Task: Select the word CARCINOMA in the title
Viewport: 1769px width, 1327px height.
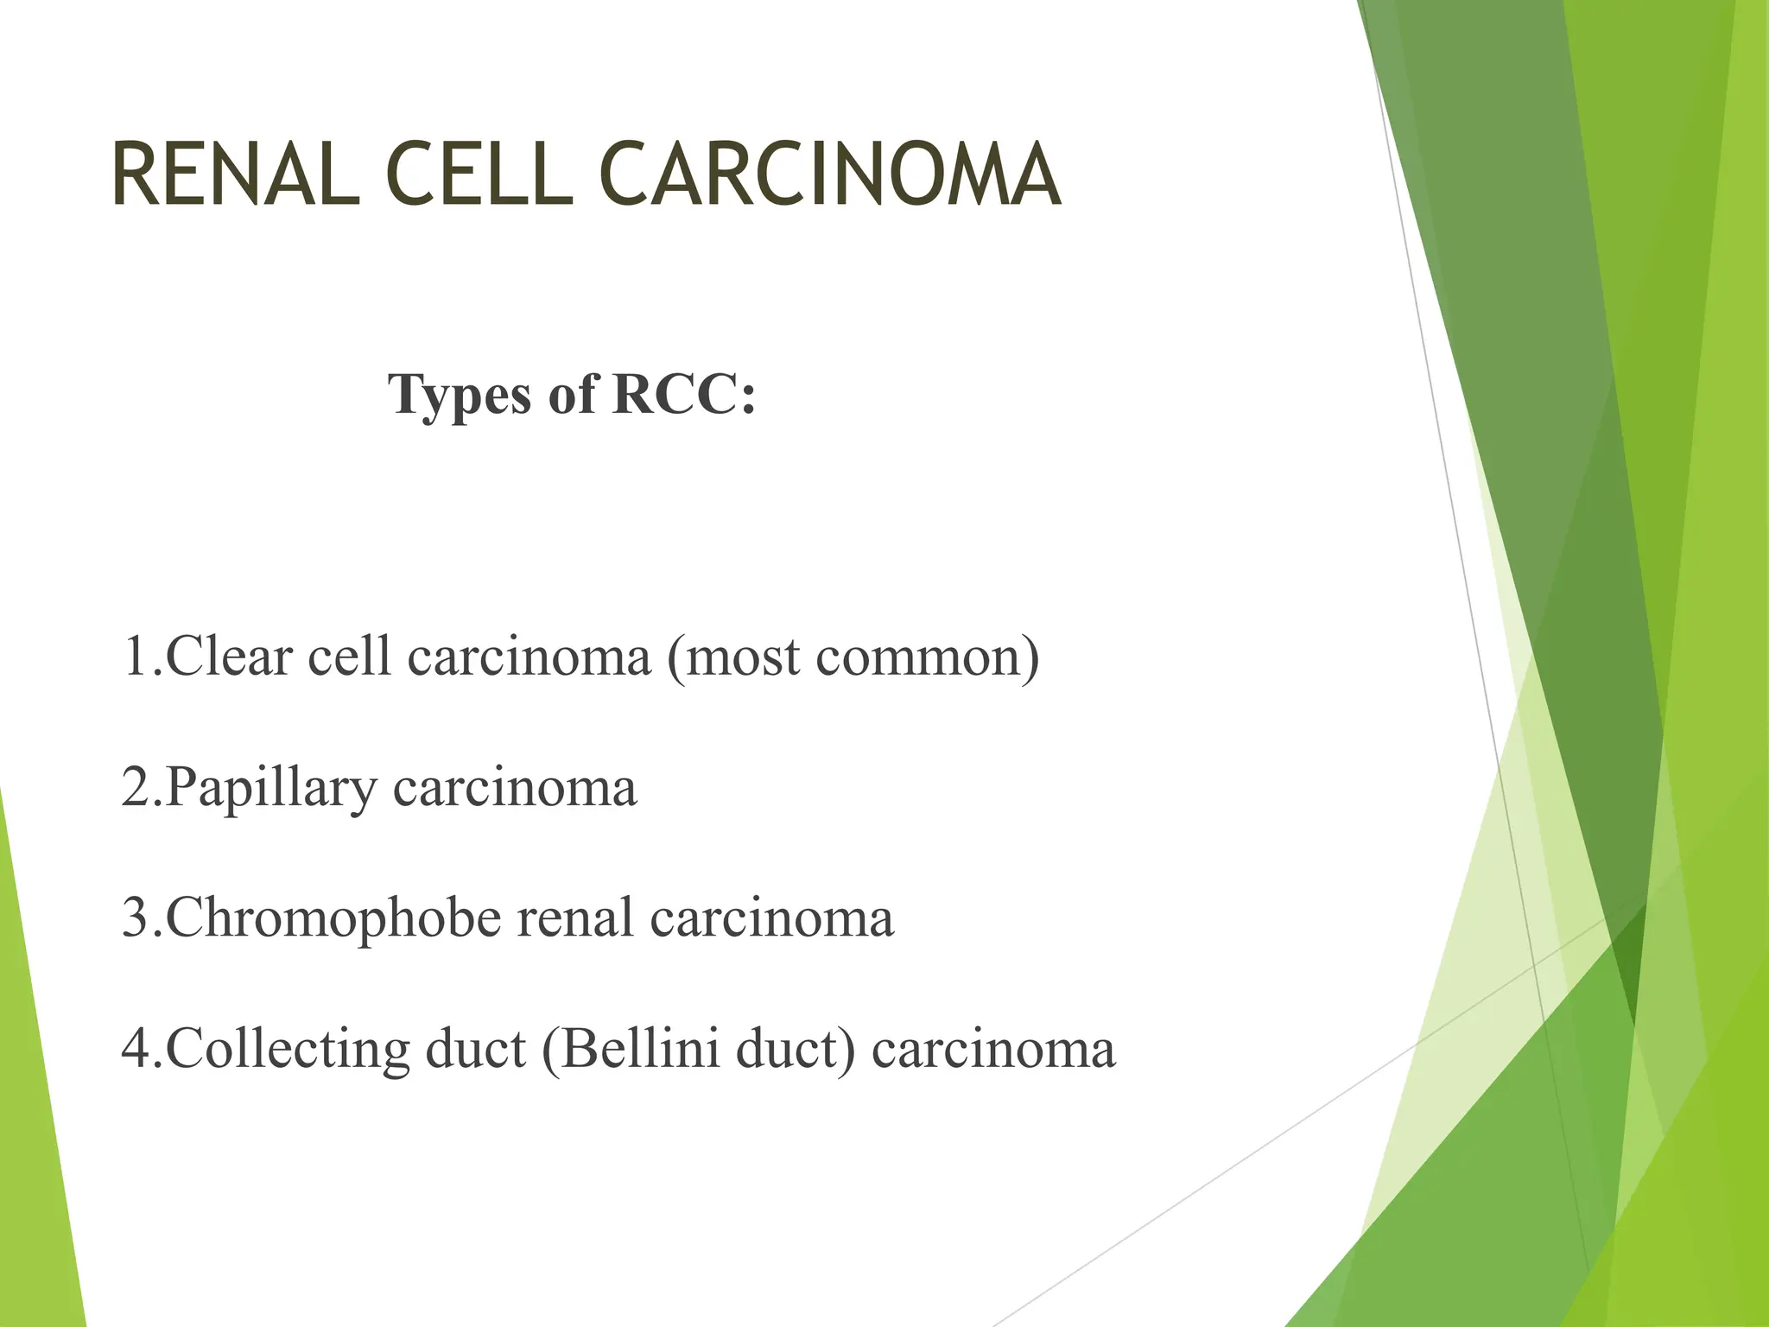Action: click(x=829, y=175)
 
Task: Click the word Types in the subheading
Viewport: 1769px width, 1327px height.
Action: click(x=460, y=395)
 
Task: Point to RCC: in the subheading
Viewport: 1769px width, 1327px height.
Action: click(x=683, y=395)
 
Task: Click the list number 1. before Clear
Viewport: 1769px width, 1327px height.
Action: click(x=141, y=657)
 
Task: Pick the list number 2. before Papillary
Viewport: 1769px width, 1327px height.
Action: click(x=141, y=788)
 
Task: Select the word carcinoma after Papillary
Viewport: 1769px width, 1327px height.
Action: click(x=515, y=788)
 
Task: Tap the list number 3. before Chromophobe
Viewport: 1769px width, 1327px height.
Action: click(x=141, y=918)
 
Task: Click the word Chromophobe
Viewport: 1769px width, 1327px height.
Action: click(x=333, y=918)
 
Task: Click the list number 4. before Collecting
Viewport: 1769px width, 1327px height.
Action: click(x=141, y=1049)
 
